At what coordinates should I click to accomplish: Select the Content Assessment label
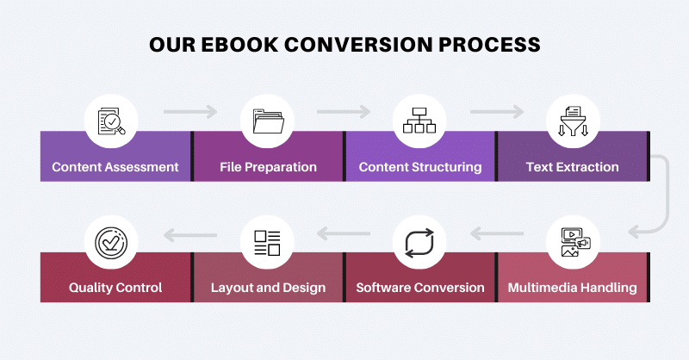click(x=115, y=167)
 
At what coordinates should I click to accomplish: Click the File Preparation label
click(x=268, y=167)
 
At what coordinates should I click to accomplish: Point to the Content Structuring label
click(x=420, y=167)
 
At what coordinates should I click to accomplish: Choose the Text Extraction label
click(x=572, y=167)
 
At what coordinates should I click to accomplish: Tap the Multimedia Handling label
click(x=572, y=288)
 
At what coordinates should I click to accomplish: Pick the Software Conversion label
click(x=420, y=288)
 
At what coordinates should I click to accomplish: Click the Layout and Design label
click(x=268, y=288)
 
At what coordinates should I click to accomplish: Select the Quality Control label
click(x=115, y=288)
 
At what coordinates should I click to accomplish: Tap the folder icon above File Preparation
click(x=267, y=121)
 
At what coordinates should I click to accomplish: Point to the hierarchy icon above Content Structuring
click(x=419, y=121)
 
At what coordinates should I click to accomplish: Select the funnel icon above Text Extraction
click(x=572, y=121)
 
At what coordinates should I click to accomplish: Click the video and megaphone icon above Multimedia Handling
click(x=572, y=242)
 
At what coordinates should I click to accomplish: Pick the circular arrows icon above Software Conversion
click(x=419, y=242)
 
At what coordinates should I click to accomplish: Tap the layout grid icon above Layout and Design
click(x=267, y=242)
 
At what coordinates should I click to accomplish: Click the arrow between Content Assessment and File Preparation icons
click(x=190, y=111)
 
